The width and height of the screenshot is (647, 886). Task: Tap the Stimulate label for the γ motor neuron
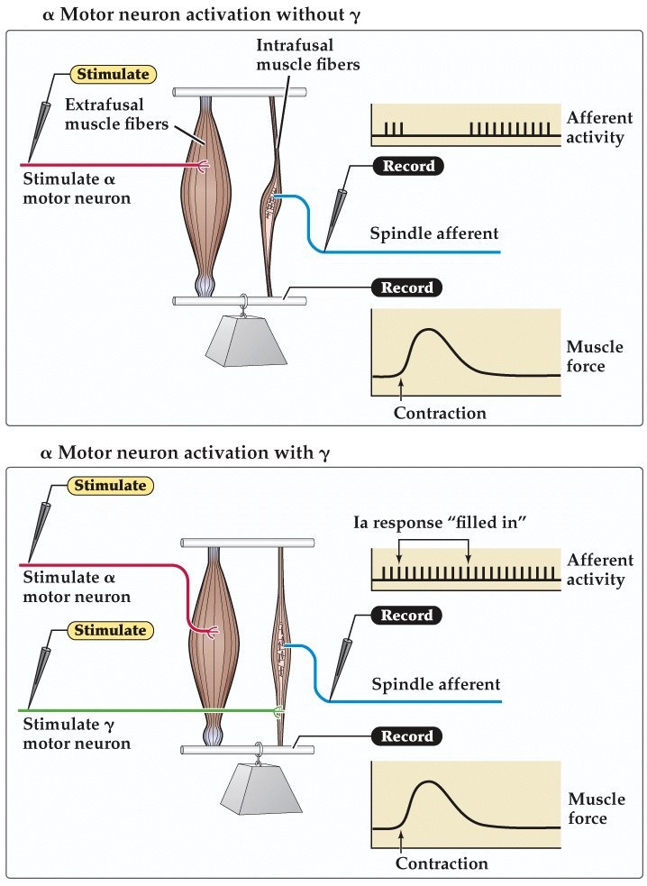pos(110,630)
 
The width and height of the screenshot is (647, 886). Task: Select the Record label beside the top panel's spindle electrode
pos(408,166)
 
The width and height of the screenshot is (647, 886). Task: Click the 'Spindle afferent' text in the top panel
pos(433,233)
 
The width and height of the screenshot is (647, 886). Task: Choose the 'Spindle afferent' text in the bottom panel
pos(436,684)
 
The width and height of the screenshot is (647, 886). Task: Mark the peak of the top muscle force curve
pos(431,330)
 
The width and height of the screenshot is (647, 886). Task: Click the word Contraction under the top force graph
pos(440,414)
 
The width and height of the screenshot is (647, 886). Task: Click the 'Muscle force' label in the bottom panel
pos(596,808)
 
